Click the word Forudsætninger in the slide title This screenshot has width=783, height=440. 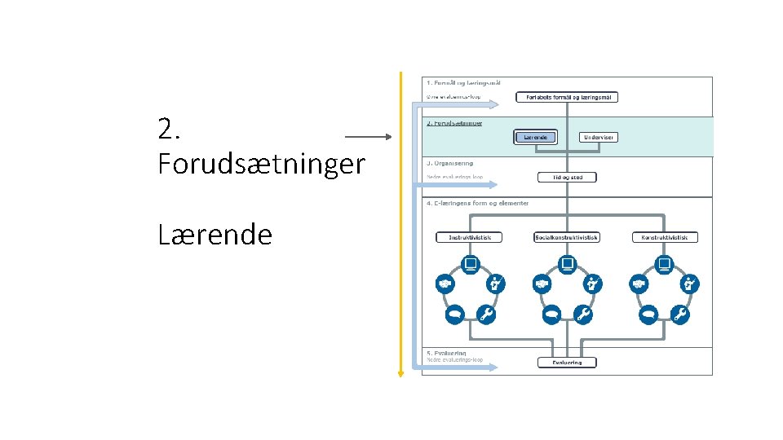coord(261,164)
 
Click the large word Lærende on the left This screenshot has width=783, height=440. coord(215,235)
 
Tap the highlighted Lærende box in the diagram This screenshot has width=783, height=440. coord(536,137)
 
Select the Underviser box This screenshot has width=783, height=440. coord(598,137)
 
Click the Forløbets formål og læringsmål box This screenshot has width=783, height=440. coord(567,97)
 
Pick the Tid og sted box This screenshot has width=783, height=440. coord(567,177)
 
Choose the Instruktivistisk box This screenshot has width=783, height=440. coord(470,237)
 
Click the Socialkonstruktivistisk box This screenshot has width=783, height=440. coord(566,237)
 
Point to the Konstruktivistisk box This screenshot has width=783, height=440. coord(664,237)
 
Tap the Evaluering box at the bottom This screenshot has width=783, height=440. coord(567,362)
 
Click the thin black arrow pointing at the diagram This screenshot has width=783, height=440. coord(369,137)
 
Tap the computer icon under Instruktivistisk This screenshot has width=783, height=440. coord(470,263)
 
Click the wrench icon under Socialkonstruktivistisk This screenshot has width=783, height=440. coord(582,314)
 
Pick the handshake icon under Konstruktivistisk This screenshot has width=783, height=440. coord(639,284)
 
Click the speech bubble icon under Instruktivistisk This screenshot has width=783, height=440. coord(454,314)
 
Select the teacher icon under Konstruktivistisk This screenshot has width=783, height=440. coord(690,284)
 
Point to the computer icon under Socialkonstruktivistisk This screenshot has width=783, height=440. coord(567,263)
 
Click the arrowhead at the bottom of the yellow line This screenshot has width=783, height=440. coord(400,374)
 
